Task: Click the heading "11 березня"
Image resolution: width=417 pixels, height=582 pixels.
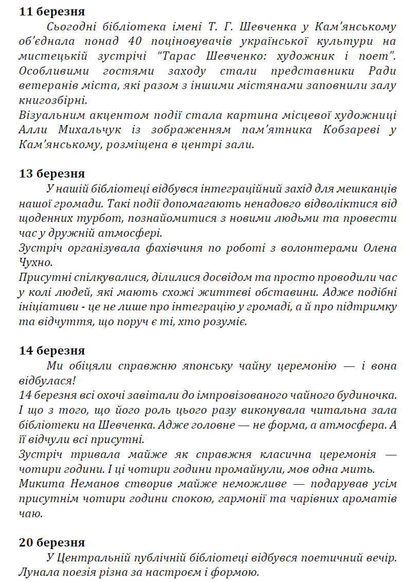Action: click(51, 11)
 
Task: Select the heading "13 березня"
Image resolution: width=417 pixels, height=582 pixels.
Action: click(51, 173)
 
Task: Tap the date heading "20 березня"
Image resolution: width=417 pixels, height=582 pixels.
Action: click(51, 542)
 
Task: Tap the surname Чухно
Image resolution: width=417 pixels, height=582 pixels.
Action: click(35, 263)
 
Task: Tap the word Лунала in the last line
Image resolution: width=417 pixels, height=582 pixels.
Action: click(36, 572)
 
